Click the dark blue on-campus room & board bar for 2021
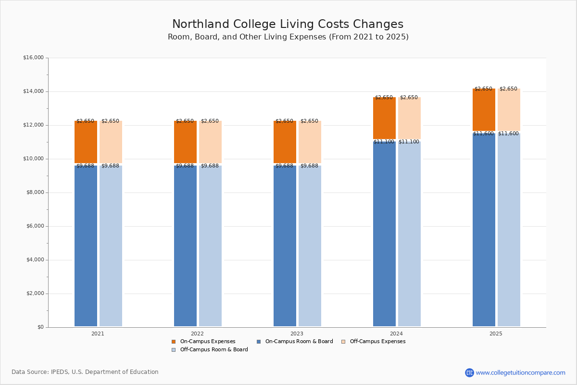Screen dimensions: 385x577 click(x=86, y=245)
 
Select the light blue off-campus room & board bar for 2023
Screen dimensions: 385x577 click(x=310, y=245)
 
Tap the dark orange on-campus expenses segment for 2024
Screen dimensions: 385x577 click(x=384, y=118)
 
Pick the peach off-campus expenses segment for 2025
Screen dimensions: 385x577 click(x=509, y=110)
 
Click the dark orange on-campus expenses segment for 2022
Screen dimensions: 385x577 click(x=185, y=142)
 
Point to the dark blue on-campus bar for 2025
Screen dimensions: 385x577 click(x=484, y=231)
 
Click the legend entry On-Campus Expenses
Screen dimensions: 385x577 click(x=207, y=342)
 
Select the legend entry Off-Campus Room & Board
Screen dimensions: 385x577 click(x=213, y=350)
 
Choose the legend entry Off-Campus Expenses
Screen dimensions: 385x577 click(x=377, y=342)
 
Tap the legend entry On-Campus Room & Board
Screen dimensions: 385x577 click(x=299, y=342)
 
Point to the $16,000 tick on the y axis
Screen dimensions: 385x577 click(x=33, y=58)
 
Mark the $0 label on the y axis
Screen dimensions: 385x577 click(x=40, y=327)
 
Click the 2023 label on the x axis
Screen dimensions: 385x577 click(x=297, y=334)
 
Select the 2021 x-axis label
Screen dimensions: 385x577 click(x=98, y=334)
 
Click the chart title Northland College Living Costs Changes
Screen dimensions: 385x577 click(x=288, y=25)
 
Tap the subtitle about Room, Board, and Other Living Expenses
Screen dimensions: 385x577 click(x=288, y=37)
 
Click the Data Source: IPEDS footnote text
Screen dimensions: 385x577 click(x=85, y=372)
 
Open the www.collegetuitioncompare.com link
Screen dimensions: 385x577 click(x=520, y=372)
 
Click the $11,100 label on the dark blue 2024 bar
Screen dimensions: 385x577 click(x=384, y=142)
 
